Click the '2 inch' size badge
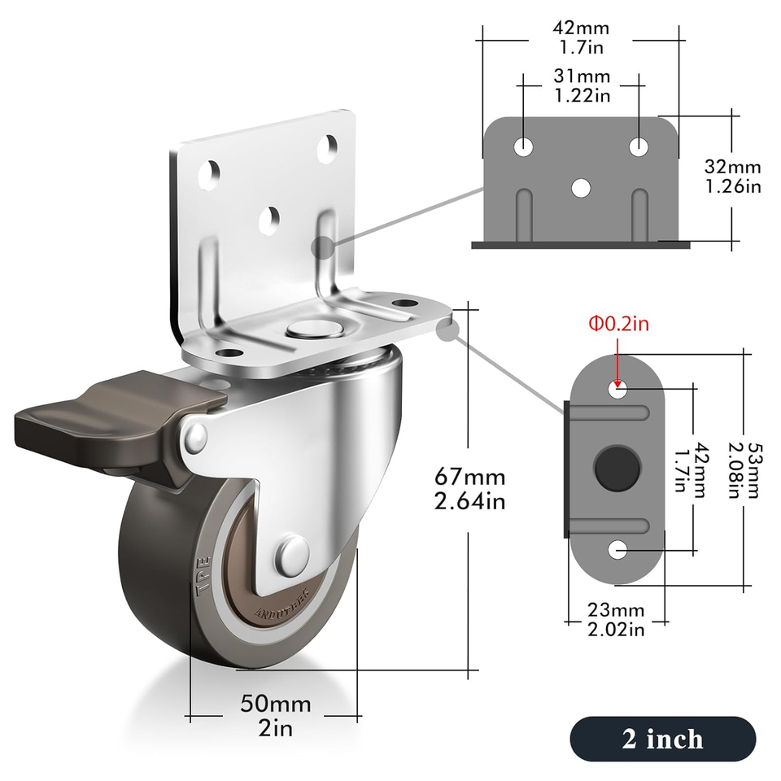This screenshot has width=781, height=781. [x=662, y=739]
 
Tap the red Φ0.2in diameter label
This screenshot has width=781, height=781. [x=619, y=324]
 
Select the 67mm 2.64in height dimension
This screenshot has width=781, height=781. [x=469, y=488]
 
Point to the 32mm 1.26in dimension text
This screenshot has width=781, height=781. [x=732, y=177]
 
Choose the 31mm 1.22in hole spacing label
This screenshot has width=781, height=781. [x=581, y=86]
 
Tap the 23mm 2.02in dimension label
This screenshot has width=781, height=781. [x=616, y=619]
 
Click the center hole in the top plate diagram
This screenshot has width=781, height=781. [x=580, y=187]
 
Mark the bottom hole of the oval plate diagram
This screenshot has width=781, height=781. [x=618, y=551]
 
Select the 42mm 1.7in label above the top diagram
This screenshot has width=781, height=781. [x=580, y=37]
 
